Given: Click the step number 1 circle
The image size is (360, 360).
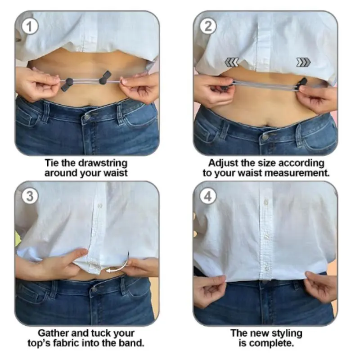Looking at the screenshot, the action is [x=30, y=27].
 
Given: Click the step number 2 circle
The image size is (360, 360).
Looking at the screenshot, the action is [x=208, y=27].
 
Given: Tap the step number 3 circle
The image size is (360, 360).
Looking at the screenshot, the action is [x=30, y=197].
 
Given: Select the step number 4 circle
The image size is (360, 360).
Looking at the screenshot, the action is [x=208, y=197].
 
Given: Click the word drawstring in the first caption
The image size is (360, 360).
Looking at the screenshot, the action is [x=103, y=163].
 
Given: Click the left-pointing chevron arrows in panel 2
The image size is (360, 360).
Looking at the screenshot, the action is [x=232, y=62].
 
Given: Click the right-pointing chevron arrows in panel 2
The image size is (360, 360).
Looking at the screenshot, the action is [x=303, y=62].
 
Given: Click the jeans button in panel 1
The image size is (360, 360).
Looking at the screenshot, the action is [x=87, y=117].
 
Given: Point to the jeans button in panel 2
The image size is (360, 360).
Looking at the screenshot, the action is [x=265, y=137].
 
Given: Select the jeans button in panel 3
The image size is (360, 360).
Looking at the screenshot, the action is [x=94, y=290].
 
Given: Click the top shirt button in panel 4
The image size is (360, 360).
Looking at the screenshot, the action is [x=266, y=202].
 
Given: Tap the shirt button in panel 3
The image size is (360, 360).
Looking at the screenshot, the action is [x=99, y=206].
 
